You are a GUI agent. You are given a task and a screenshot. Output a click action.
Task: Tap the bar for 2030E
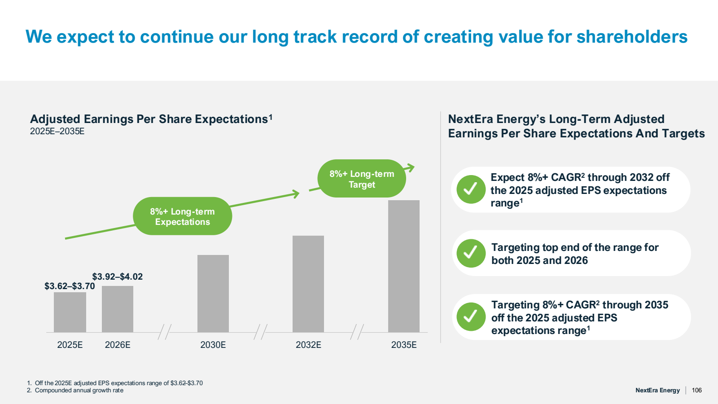coord(213,294)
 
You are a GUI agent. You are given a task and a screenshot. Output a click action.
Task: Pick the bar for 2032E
coord(308,284)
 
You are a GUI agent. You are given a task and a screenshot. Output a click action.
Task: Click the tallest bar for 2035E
coord(404,266)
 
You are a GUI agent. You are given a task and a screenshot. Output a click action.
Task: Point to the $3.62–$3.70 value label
coord(70,286)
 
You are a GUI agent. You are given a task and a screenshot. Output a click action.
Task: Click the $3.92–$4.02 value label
coord(118,277)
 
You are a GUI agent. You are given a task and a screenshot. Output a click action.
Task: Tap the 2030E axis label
coord(213,345)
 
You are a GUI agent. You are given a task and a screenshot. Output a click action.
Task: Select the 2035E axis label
coord(404,345)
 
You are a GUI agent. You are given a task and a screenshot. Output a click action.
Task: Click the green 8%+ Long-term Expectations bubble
coord(183,216)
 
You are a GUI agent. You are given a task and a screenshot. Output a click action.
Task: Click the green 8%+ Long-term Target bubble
coord(362,179)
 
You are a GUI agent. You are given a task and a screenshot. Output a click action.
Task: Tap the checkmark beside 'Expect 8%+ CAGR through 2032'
coord(471,189)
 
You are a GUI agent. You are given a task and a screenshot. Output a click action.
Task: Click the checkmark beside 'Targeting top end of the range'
coord(471,253)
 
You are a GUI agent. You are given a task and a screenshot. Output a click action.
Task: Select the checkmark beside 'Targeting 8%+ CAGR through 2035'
coord(471,317)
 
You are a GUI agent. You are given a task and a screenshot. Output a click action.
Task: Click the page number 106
coord(696,390)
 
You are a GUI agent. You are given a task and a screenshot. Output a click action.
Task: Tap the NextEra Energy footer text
coord(657,390)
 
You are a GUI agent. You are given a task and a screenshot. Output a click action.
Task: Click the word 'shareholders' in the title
coord(632,37)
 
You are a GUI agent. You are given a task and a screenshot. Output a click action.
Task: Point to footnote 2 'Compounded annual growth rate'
coord(79,391)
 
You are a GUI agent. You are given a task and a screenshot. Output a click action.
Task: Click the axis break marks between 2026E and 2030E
coord(165,332)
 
